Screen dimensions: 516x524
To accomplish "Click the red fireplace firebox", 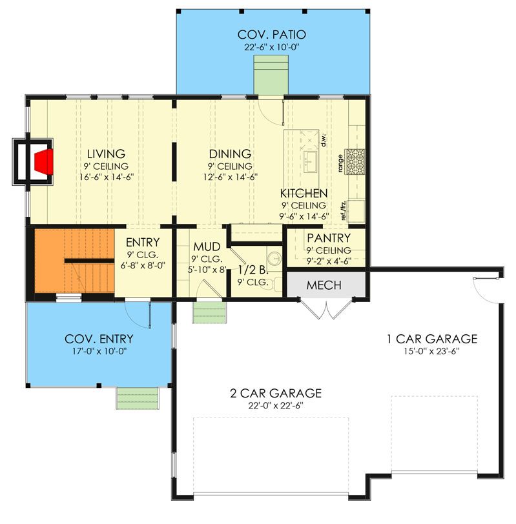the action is pyautogui.click(x=45, y=162).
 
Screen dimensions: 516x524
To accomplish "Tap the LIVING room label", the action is pyautogui.click(x=107, y=154).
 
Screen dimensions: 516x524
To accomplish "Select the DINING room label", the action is pyautogui.click(x=230, y=154).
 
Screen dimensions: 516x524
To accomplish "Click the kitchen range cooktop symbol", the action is pyautogui.click(x=355, y=162).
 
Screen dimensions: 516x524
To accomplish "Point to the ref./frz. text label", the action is pyautogui.click(x=344, y=210).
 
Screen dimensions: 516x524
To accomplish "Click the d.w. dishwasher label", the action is pyautogui.click(x=324, y=139).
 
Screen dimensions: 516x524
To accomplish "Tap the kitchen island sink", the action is pyautogui.click(x=310, y=162).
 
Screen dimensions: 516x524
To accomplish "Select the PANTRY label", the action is pyautogui.click(x=329, y=238).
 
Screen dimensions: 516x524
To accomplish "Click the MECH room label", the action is pyautogui.click(x=324, y=285).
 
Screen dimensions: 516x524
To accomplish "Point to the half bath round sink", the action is pyautogui.click(x=275, y=257).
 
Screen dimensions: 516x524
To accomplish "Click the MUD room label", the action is pyautogui.click(x=207, y=247).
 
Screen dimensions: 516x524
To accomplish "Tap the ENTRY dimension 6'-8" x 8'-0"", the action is pyautogui.click(x=143, y=266).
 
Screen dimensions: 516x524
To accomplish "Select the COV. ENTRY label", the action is pyautogui.click(x=99, y=339).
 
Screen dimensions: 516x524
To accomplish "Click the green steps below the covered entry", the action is pyautogui.click(x=138, y=398).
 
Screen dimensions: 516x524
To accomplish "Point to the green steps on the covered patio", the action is pyautogui.click(x=271, y=75).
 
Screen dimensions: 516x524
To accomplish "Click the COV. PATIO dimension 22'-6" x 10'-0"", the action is pyautogui.click(x=271, y=47).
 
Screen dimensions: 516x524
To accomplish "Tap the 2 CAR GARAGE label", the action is pyautogui.click(x=276, y=394).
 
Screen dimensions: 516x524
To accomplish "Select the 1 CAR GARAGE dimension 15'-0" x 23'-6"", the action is pyautogui.click(x=432, y=351).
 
